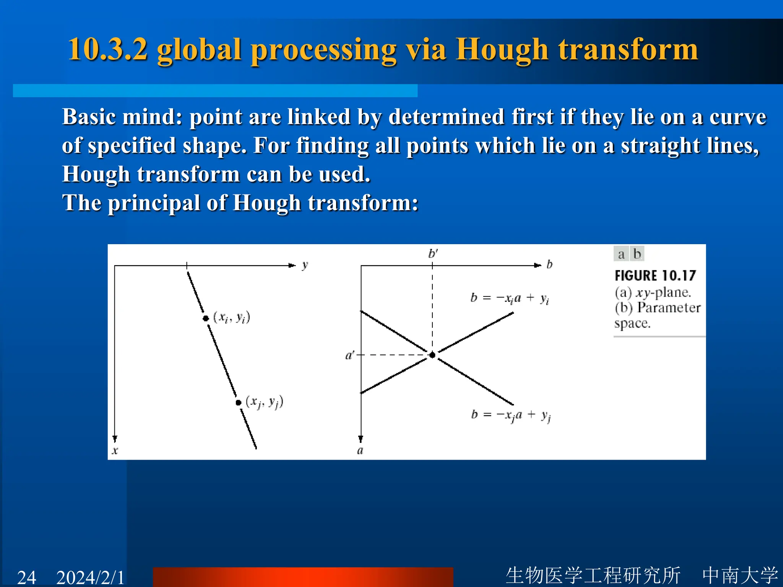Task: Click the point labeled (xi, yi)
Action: pos(206,318)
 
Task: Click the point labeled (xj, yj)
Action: pos(239,402)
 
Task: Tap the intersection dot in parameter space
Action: pos(432,355)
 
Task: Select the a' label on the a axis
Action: pos(349,355)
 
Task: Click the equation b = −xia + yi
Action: pos(510,298)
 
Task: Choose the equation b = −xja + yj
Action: pos(511,415)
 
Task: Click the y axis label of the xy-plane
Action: pos(305,265)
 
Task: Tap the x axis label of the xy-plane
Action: pos(115,451)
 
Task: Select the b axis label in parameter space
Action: pos(549,264)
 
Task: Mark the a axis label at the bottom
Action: pos(360,451)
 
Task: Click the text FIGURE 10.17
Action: pos(655,276)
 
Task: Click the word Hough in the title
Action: pos(502,50)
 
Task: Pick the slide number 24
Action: pos(27,577)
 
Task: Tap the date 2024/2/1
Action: pos(91,577)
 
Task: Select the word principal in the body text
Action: pos(154,203)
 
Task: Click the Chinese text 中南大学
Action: pos(740,575)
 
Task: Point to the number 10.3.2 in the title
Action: pos(107,50)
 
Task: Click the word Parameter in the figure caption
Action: pos(669,308)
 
